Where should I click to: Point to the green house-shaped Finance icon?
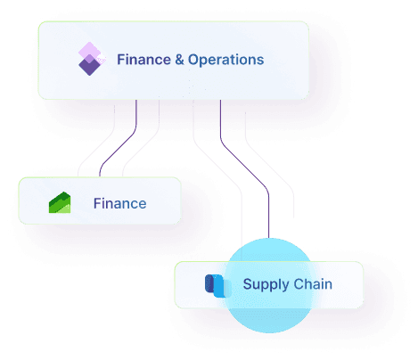coord(60,203)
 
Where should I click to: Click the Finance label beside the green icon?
coord(119,204)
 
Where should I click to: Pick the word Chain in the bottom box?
coord(312,285)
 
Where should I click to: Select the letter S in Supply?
coord(247,285)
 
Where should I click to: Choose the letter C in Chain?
coord(298,285)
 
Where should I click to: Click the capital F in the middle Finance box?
coord(97,204)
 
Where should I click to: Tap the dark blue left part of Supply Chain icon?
coord(210,285)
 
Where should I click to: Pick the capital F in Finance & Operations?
coord(120,61)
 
